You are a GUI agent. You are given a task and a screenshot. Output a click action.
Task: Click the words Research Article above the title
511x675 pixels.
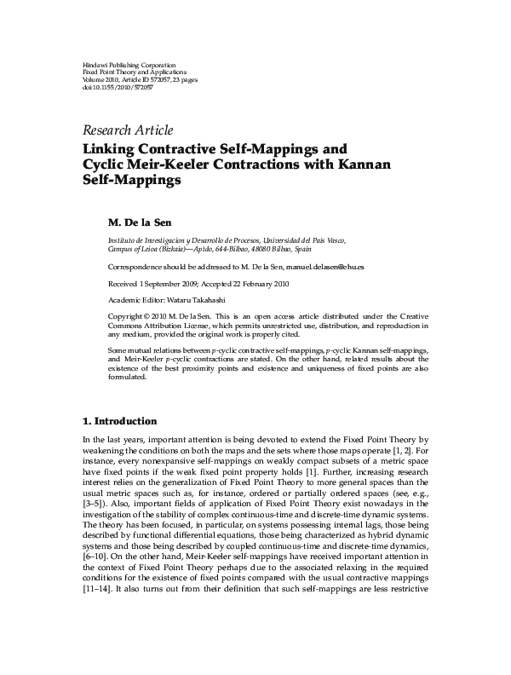(x=127, y=130)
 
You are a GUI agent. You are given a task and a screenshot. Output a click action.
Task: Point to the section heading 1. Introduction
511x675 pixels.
(x=119, y=421)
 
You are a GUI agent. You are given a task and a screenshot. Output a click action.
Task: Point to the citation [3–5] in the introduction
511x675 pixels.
(x=96, y=506)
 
